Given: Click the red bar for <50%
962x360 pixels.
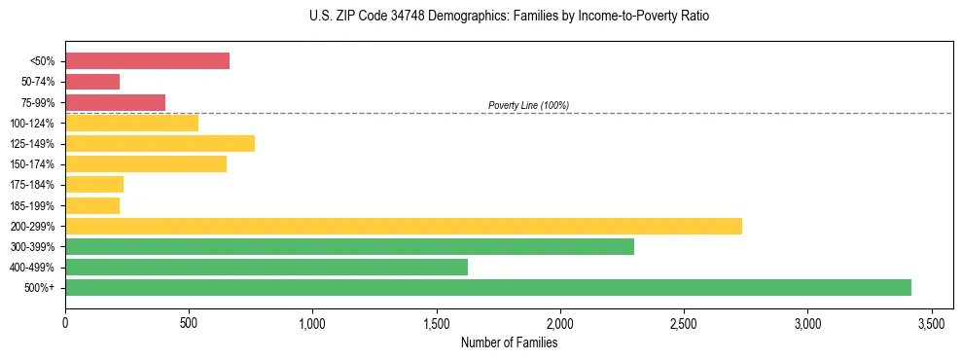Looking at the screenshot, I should (x=147, y=61).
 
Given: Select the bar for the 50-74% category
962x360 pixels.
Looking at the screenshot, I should (x=92, y=82).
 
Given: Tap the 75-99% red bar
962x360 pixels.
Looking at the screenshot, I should (x=115, y=102).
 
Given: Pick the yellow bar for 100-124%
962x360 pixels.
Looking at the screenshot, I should (x=131, y=123).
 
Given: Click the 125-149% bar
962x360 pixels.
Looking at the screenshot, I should (x=160, y=144).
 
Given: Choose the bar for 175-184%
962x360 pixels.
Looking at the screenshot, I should (x=94, y=185).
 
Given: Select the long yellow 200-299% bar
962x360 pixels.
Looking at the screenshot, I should (x=403, y=226).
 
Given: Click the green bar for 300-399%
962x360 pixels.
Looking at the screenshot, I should (x=349, y=247).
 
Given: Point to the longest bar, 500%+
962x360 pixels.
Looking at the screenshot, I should (x=487, y=288).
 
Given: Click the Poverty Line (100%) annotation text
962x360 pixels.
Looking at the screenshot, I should (x=528, y=105).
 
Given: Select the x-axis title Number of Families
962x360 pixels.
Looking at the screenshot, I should (x=509, y=342).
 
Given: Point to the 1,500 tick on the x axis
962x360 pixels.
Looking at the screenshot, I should (x=437, y=322).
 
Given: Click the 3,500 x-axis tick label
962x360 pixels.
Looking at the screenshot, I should (x=932, y=322).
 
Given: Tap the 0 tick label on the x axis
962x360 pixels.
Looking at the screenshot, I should (x=65, y=322).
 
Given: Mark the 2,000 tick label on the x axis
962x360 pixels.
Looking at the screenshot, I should (x=560, y=322).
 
